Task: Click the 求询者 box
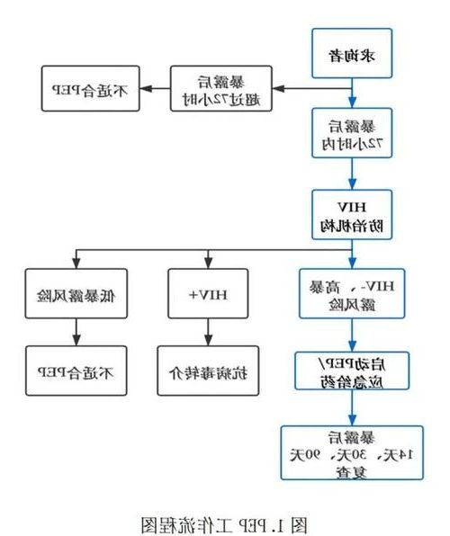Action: pyautogui.click(x=353, y=54)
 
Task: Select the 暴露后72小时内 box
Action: pyautogui.click(x=353, y=134)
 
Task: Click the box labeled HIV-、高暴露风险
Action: pyautogui.click(x=353, y=293)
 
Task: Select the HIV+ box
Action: pyautogui.click(x=209, y=293)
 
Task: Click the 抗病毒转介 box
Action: pyautogui.click(x=209, y=370)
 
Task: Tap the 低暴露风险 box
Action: pyautogui.click(x=76, y=293)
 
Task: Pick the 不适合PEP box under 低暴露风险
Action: pyautogui.click(x=76, y=370)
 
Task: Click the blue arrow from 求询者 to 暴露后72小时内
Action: pyautogui.click(x=353, y=94)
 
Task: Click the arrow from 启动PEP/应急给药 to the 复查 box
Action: pyautogui.click(x=353, y=411)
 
